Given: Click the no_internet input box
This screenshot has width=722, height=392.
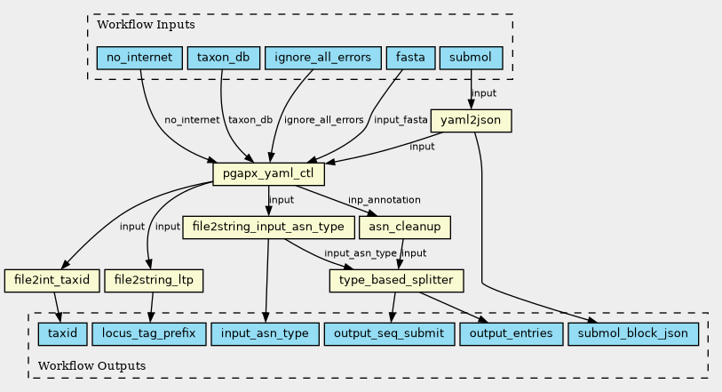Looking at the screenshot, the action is click(x=139, y=58).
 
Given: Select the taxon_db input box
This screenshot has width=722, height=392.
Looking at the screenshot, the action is click(x=223, y=58).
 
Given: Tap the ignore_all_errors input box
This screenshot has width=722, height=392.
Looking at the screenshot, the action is click(x=322, y=58).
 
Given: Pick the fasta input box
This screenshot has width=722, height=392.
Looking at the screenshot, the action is click(x=410, y=58).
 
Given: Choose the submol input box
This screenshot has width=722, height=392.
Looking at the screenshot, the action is click(x=471, y=58).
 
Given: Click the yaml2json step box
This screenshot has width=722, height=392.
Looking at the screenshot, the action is click(x=471, y=121).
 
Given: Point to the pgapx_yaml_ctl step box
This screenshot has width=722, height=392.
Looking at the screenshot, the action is click(x=268, y=174).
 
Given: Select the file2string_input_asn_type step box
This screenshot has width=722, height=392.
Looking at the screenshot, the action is click(x=268, y=227).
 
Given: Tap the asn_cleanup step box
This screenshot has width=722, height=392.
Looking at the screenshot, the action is click(x=405, y=227).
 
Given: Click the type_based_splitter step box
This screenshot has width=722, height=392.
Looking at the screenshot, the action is click(x=396, y=281).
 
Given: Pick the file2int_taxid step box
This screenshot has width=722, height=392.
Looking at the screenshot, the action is click(x=52, y=281).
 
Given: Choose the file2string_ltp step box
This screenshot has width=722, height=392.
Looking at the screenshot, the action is click(x=154, y=281).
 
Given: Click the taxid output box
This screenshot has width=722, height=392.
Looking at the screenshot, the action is click(x=63, y=334).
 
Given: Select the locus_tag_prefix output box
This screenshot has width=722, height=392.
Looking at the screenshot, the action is click(x=148, y=334).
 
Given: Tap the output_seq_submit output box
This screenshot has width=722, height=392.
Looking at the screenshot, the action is click(x=389, y=334).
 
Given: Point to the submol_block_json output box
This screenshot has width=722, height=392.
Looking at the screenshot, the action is click(x=633, y=334).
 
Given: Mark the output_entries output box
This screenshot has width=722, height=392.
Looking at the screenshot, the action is click(x=512, y=334).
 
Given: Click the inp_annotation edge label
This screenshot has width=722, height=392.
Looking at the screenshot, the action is click(x=384, y=200).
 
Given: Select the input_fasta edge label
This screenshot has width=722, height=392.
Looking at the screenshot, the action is click(x=401, y=120).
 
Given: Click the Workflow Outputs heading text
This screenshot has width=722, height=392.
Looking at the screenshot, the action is click(x=91, y=365).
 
